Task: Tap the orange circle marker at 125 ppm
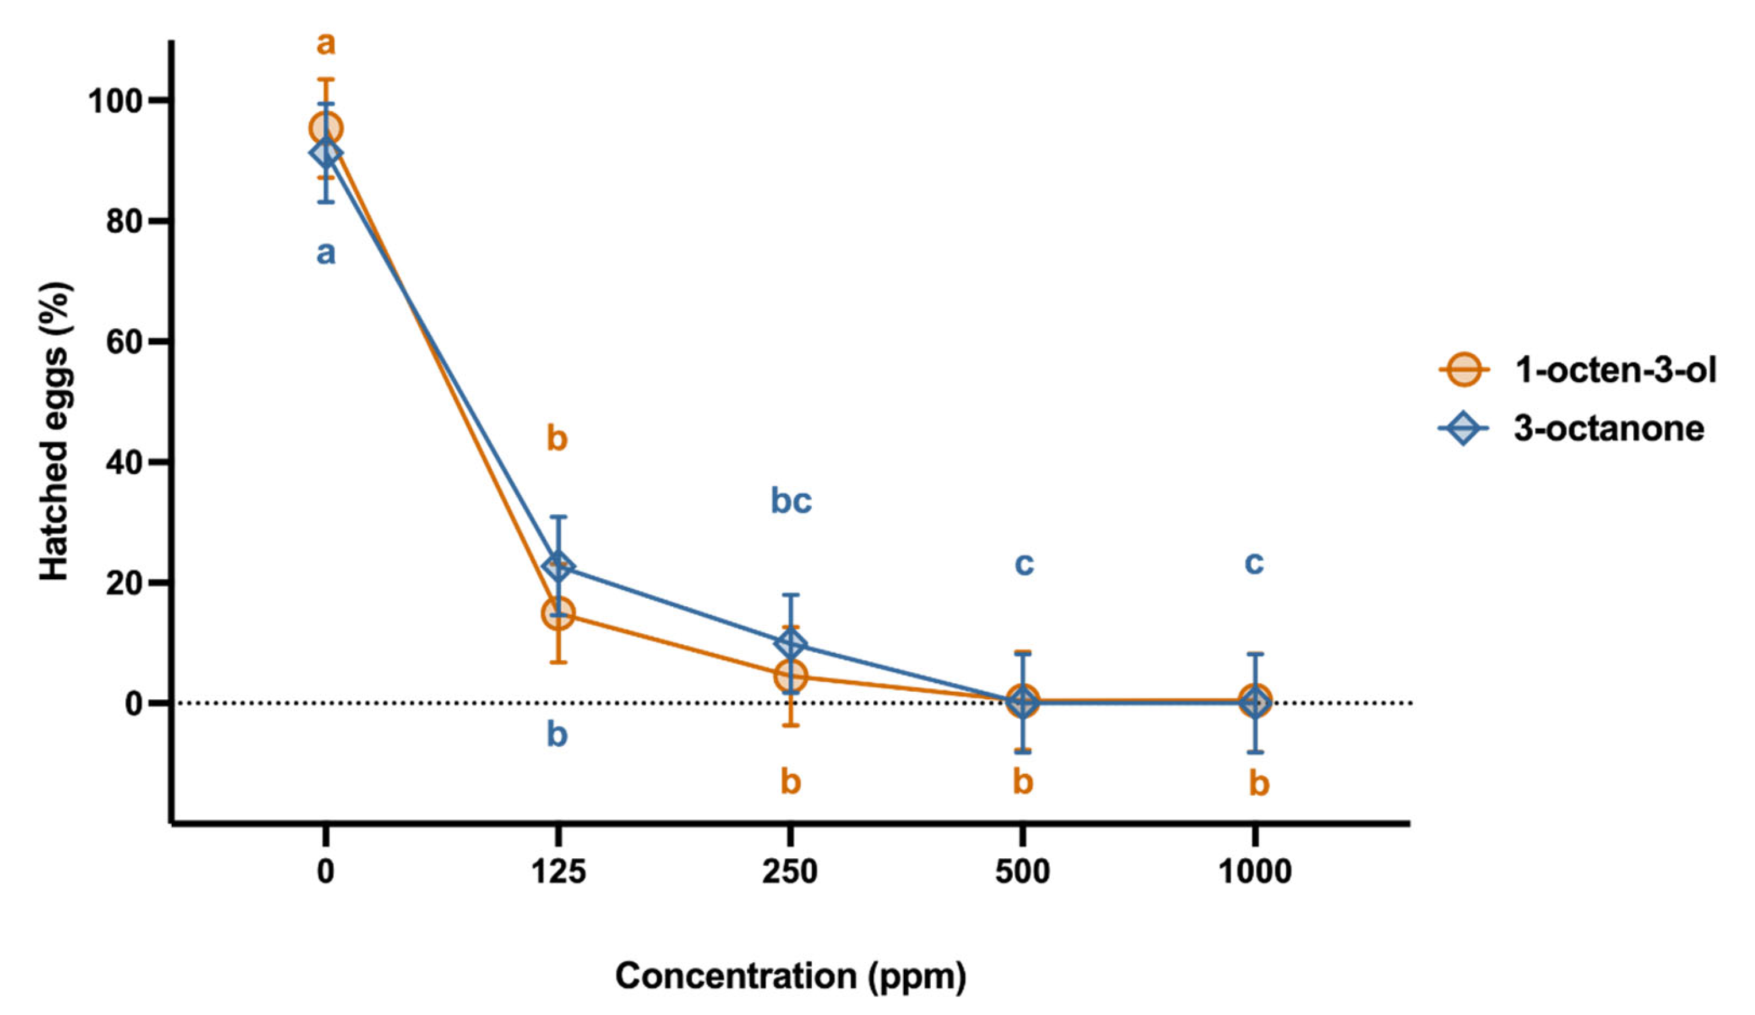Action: click(x=558, y=613)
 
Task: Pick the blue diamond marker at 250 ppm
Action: click(x=790, y=645)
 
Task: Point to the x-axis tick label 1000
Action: click(x=1254, y=871)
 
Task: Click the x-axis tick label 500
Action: click(x=1023, y=871)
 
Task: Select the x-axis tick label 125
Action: click(x=558, y=871)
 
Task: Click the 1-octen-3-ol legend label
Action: click(x=1614, y=370)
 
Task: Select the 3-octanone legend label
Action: click(x=1609, y=429)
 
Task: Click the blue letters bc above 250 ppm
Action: click(x=791, y=501)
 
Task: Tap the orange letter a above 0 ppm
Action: click(x=325, y=44)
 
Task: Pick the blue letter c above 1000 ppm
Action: click(x=1253, y=563)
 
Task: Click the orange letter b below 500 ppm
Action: click(x=1023, y=782)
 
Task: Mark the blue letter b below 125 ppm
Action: click(x=557, y=734)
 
